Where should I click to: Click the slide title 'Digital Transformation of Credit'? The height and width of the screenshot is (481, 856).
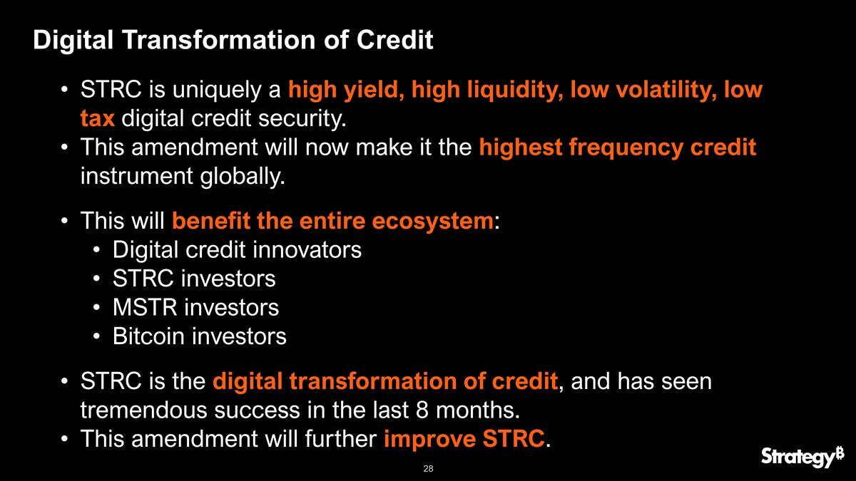coord(233,40)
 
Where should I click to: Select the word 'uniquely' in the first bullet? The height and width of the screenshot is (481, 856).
coord(218,92)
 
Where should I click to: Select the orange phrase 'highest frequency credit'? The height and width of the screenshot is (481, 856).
coord(617,148)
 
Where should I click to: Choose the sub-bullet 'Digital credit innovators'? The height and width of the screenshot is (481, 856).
coord(237,250)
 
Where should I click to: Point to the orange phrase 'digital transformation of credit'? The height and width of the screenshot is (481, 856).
coord(384,382)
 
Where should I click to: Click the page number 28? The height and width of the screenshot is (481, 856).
coord(428,469)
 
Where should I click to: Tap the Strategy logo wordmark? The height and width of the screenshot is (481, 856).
coord(795,457)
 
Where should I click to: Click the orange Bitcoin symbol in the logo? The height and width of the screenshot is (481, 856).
coord(839,450)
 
